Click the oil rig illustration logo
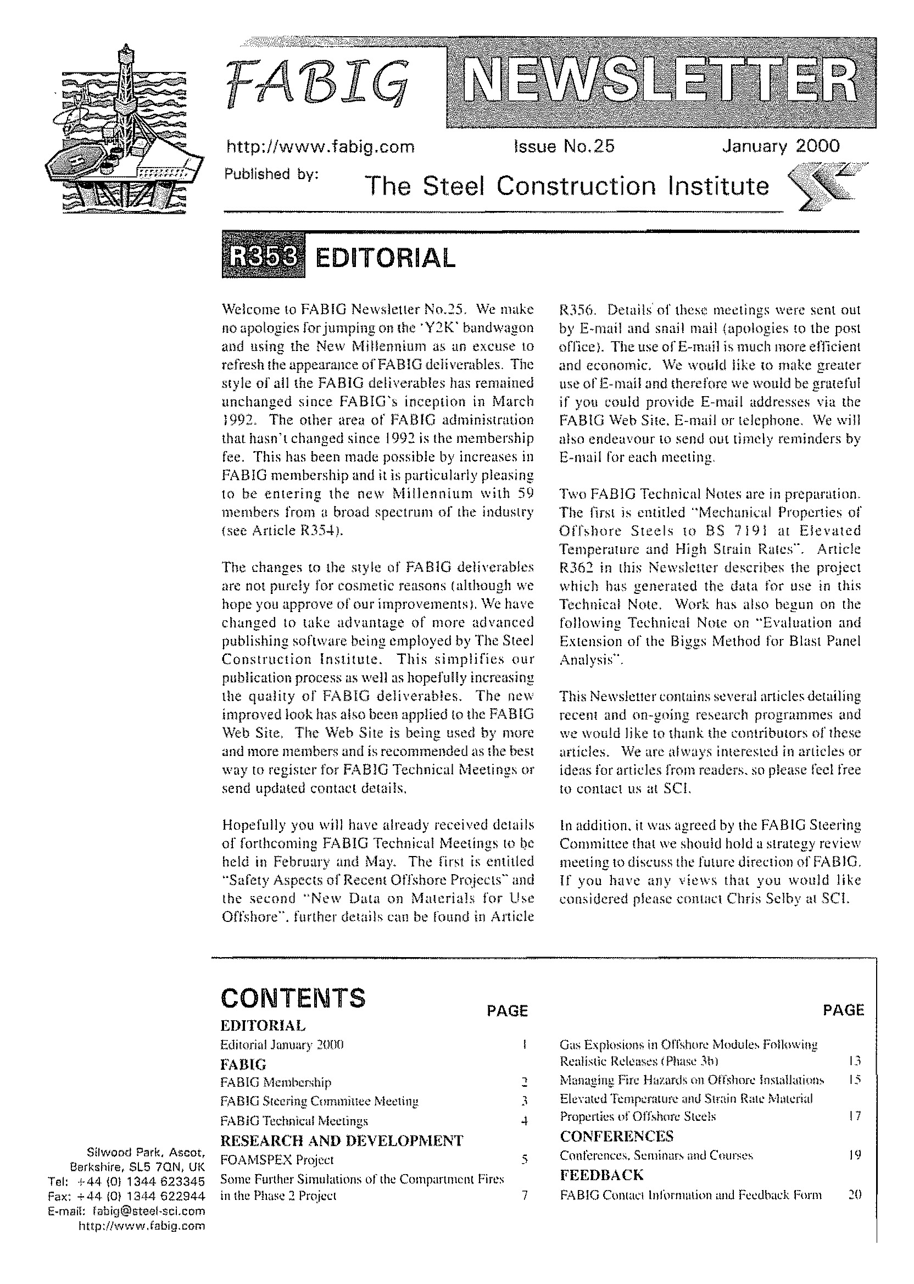(122, 131)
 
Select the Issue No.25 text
(564, 147)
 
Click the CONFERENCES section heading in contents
(616, 1136)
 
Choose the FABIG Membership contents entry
(276, 1082)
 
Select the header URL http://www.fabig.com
(320, 147)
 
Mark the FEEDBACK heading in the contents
(601, 1175)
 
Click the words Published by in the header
(271, 174)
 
